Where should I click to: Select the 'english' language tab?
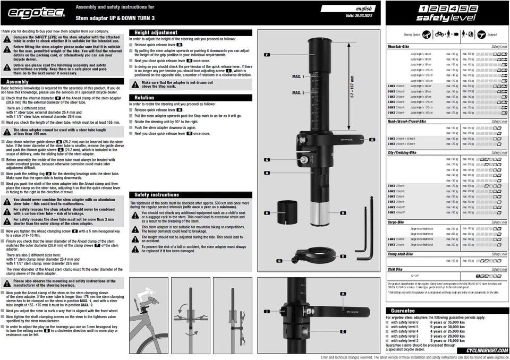[364, 9]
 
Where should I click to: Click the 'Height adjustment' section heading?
[156, 33]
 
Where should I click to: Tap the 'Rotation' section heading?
[144, 98]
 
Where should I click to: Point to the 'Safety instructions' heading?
[157, 195]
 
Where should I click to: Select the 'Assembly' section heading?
[19, 82]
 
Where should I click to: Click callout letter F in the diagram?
[267, 55]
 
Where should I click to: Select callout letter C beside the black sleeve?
[267, 212]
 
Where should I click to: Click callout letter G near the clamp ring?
[279, 261]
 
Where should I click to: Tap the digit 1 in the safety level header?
[422, 9]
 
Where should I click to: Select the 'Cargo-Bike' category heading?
[398, 222]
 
